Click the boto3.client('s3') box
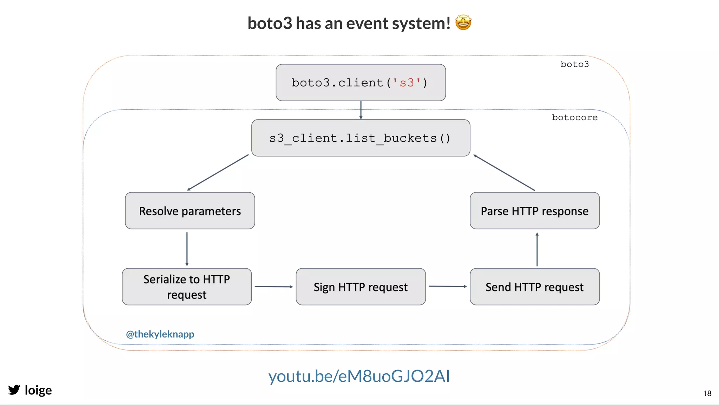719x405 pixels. (x=361, y=83)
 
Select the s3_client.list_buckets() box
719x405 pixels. (x=361, y=138)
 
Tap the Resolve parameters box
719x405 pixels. (x=190, y=211)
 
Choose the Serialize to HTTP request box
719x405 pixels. (x=187, y=287)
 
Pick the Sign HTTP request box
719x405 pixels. (x=361, y=287)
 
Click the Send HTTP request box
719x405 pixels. (x=534, y=287)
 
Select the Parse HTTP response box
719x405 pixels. (x=534, y=211)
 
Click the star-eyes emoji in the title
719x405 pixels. (x=463, y=23)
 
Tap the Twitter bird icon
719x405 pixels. (x=14, y=390)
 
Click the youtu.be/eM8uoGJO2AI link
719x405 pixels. (x=359, y=376)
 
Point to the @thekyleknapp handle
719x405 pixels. (x=160, y=334)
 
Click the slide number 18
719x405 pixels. (x=707, y=393)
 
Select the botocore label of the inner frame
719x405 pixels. (x=574, y=117)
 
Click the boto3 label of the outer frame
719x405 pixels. (x=574, y=64)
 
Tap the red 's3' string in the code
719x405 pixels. (x=407, y=83)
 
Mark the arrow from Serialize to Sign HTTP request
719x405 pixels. (x=273, y=287)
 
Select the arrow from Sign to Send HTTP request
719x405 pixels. (x=448, y=286)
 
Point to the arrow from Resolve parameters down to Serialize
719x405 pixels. (x=187, y=249)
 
